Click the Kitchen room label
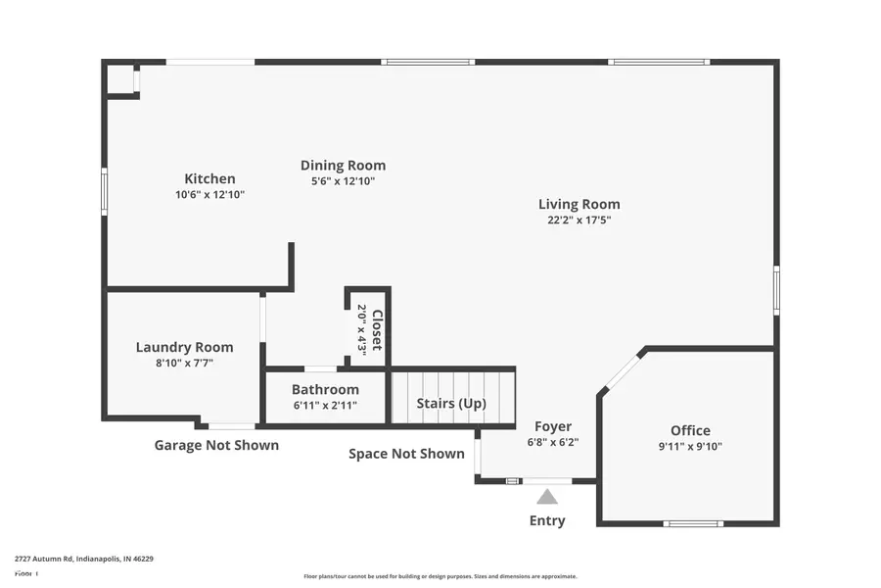209,178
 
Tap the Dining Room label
343,166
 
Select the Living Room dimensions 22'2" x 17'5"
580,220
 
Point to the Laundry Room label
184,347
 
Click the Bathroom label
325,389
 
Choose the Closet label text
376,329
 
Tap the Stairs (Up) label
451,404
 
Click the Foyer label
553,426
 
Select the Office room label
690,430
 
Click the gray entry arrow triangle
547,497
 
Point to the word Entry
547,520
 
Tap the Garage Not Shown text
216,445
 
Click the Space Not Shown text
406,454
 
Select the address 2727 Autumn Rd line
84,559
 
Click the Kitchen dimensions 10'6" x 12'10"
209,195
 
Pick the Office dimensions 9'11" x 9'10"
690,447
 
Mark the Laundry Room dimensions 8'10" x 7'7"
184,364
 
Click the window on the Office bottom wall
693,523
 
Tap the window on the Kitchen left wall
105,191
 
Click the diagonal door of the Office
622,372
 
